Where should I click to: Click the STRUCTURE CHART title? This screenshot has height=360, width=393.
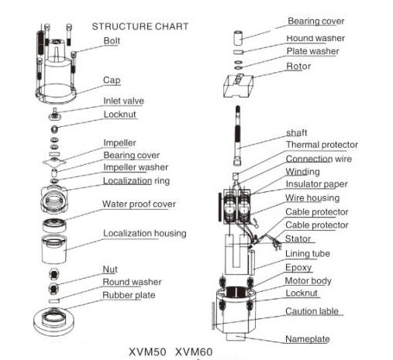point(140,26)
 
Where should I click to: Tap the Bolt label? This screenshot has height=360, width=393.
point(112,41)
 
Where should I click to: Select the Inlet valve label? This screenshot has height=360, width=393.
point(123,101)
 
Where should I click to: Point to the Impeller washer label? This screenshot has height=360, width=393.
point(136,167)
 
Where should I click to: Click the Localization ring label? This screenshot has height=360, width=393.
point(136,181)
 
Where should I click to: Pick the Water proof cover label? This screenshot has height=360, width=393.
point(139,204)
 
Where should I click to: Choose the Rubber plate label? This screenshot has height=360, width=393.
point(129,295)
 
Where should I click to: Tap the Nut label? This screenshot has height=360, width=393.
point(110,269)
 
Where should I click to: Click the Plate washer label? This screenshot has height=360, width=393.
point(312,51)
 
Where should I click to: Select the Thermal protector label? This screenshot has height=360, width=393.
point(322,145)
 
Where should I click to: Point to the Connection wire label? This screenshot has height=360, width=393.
point(319,159)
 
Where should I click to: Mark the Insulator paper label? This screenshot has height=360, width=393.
point(316,184)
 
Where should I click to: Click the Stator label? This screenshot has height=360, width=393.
point(298,238)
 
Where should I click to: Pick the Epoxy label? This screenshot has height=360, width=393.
point(298,268)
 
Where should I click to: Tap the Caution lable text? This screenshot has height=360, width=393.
point(312,311)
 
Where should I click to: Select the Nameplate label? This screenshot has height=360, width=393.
point(308,339)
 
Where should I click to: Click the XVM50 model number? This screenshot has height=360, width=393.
point(147,352)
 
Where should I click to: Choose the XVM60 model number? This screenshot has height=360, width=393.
point(194,352)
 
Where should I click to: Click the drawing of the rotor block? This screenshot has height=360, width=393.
point(238,86)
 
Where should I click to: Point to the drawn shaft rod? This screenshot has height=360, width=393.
point(237,135)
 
